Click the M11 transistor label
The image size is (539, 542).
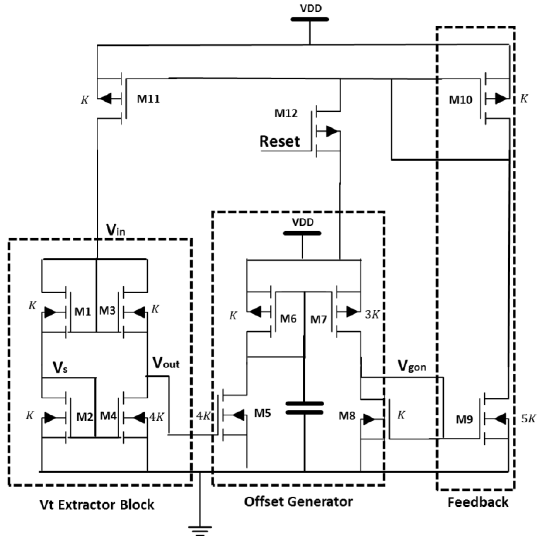148,99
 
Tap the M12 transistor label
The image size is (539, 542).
286,113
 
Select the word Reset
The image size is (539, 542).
280,141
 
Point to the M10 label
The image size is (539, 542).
460,100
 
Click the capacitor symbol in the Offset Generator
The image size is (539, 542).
304,408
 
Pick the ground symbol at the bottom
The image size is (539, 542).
200,531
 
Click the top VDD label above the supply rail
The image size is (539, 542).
311,9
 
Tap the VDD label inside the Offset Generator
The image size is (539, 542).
303,223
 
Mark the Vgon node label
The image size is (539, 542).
412,366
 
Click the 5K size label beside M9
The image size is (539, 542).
528,419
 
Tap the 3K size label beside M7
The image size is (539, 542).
372,315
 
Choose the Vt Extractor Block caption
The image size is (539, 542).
97,505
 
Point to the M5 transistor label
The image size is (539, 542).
262,413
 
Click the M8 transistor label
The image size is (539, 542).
347,416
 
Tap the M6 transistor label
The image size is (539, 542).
288,319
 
